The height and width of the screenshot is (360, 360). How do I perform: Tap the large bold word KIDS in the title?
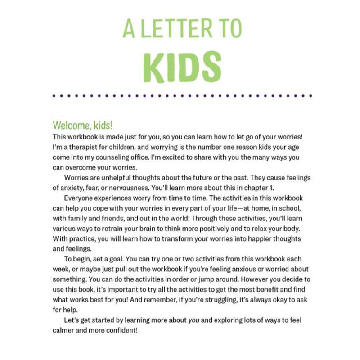182,67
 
